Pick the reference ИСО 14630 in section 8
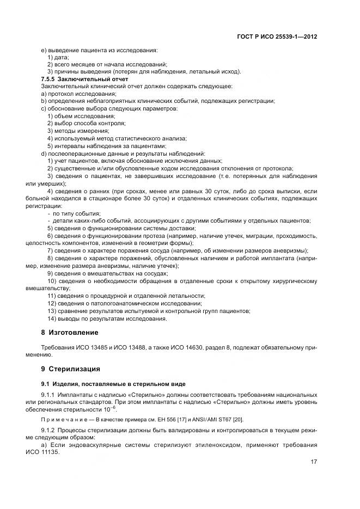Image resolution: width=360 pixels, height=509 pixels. point(161,347)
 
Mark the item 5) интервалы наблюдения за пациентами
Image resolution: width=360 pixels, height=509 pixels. point(107,146)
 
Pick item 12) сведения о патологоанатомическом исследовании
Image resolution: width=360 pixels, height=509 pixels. point(125,303)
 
